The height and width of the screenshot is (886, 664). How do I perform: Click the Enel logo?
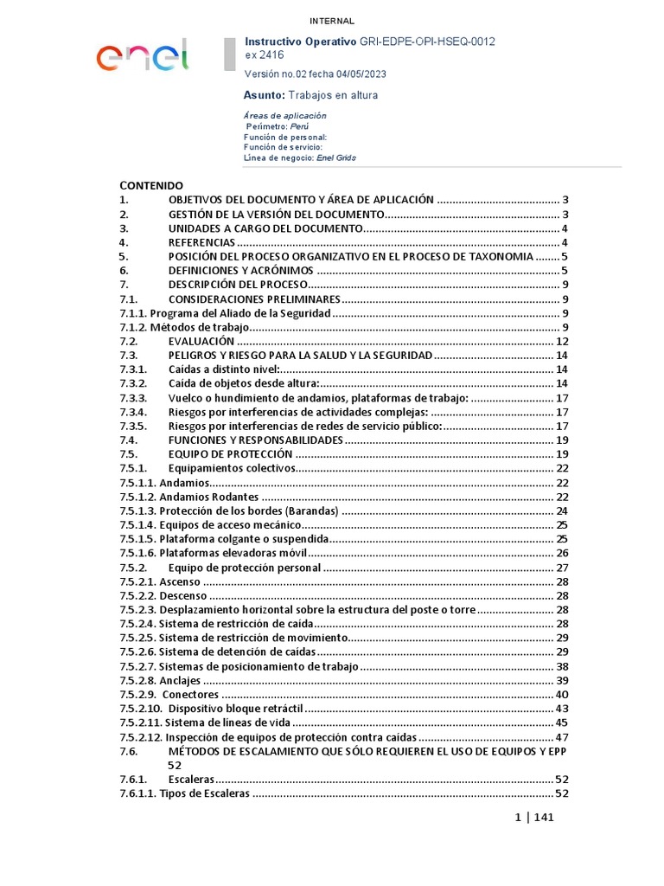click(x=142, y=57)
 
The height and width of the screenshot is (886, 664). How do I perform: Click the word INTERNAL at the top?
click(x=332, y=22)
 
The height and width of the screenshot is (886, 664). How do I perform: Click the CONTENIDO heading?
click(x=151, y=185)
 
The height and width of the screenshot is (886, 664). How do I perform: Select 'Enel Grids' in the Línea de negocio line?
click(x=336, y=157)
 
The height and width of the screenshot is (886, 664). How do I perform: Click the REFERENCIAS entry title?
click(x=201, y=242)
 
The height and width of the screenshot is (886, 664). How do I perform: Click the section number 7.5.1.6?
click(x=137, y=553)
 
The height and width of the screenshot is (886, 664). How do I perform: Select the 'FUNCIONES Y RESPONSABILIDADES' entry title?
click(x=255, y=440)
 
